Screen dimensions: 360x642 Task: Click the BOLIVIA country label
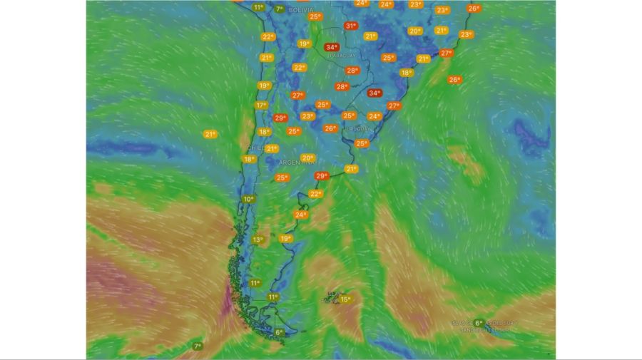click(302, 11)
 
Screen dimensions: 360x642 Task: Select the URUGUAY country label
click(357, 129)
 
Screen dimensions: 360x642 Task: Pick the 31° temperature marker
click(350, 26)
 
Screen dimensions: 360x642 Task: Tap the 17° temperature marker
click(261, 105)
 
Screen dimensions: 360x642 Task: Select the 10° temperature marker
click(248, 199)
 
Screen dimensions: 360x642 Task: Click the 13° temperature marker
click(258, 240)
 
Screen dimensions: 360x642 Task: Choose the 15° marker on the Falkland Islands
click(345, 299)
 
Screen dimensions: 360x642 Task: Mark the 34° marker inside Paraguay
click(331, 48)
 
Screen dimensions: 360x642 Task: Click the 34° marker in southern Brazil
click(374, 93)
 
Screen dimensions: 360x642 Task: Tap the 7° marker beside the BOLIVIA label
click(279, 9)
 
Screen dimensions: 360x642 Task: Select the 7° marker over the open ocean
click(198, 346)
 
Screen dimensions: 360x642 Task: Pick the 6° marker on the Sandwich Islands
click(478, 323)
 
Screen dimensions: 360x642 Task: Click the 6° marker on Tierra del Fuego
click(279, 332)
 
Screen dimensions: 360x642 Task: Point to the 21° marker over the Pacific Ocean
click(210, 134)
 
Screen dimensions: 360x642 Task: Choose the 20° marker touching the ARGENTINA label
click(307, 158)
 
